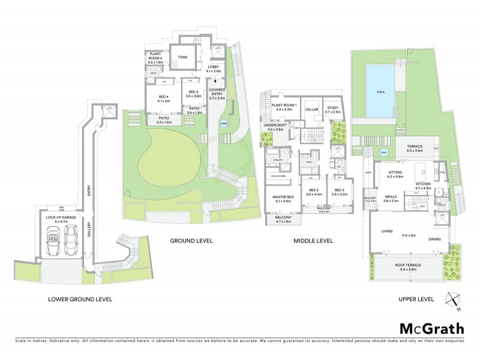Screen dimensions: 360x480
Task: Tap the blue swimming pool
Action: tap(380, 92)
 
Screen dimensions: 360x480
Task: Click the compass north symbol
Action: tap(452, 299)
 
